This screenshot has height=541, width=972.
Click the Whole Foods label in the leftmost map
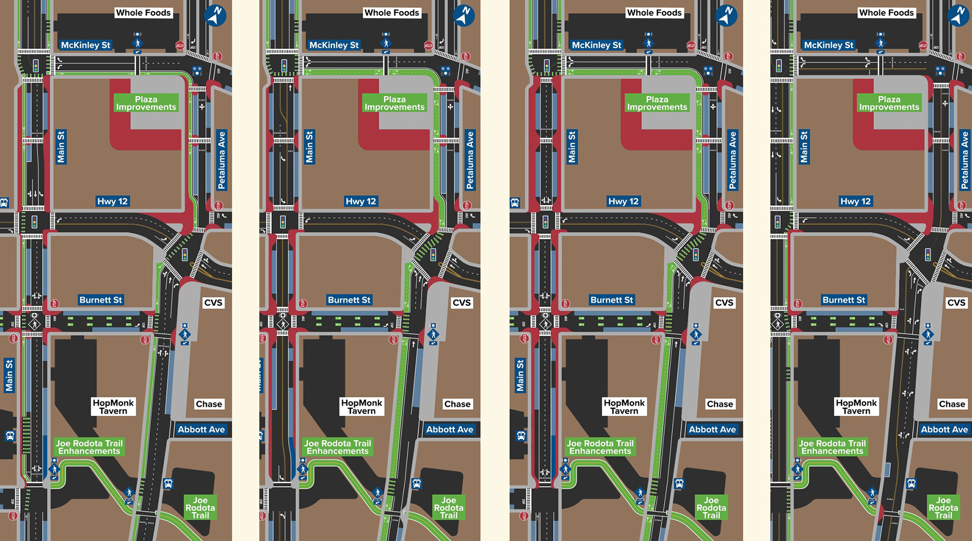(143, 13)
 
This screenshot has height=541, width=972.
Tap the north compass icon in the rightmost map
(959, 15)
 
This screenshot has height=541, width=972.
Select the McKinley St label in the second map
(334, 45)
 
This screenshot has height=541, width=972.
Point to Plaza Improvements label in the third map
(657, 103)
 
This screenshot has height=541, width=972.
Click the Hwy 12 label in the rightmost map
(855, 201)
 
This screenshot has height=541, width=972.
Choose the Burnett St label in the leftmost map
(101, 300)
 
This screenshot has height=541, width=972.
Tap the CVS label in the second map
(461, 303)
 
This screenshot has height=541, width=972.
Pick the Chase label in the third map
(720, 404)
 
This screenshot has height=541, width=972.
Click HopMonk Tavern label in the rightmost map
(856, 407)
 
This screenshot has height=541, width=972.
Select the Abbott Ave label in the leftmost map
(201, 429)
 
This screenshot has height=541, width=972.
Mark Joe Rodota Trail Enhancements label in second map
(337, 447)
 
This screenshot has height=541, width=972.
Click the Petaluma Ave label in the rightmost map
(965, 160)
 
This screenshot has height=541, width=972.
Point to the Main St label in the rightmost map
(804, 147)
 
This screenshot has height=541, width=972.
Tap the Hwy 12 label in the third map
(623, 201)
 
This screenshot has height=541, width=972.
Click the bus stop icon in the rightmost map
(911, 483)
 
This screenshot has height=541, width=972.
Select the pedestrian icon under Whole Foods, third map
(648, 42)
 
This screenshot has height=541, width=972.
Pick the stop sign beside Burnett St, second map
(303, 304)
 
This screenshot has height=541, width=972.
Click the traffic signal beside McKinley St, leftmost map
(36, 66)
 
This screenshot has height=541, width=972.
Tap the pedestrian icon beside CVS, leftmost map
(185, 333)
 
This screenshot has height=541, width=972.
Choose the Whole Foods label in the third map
(654, 13)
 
